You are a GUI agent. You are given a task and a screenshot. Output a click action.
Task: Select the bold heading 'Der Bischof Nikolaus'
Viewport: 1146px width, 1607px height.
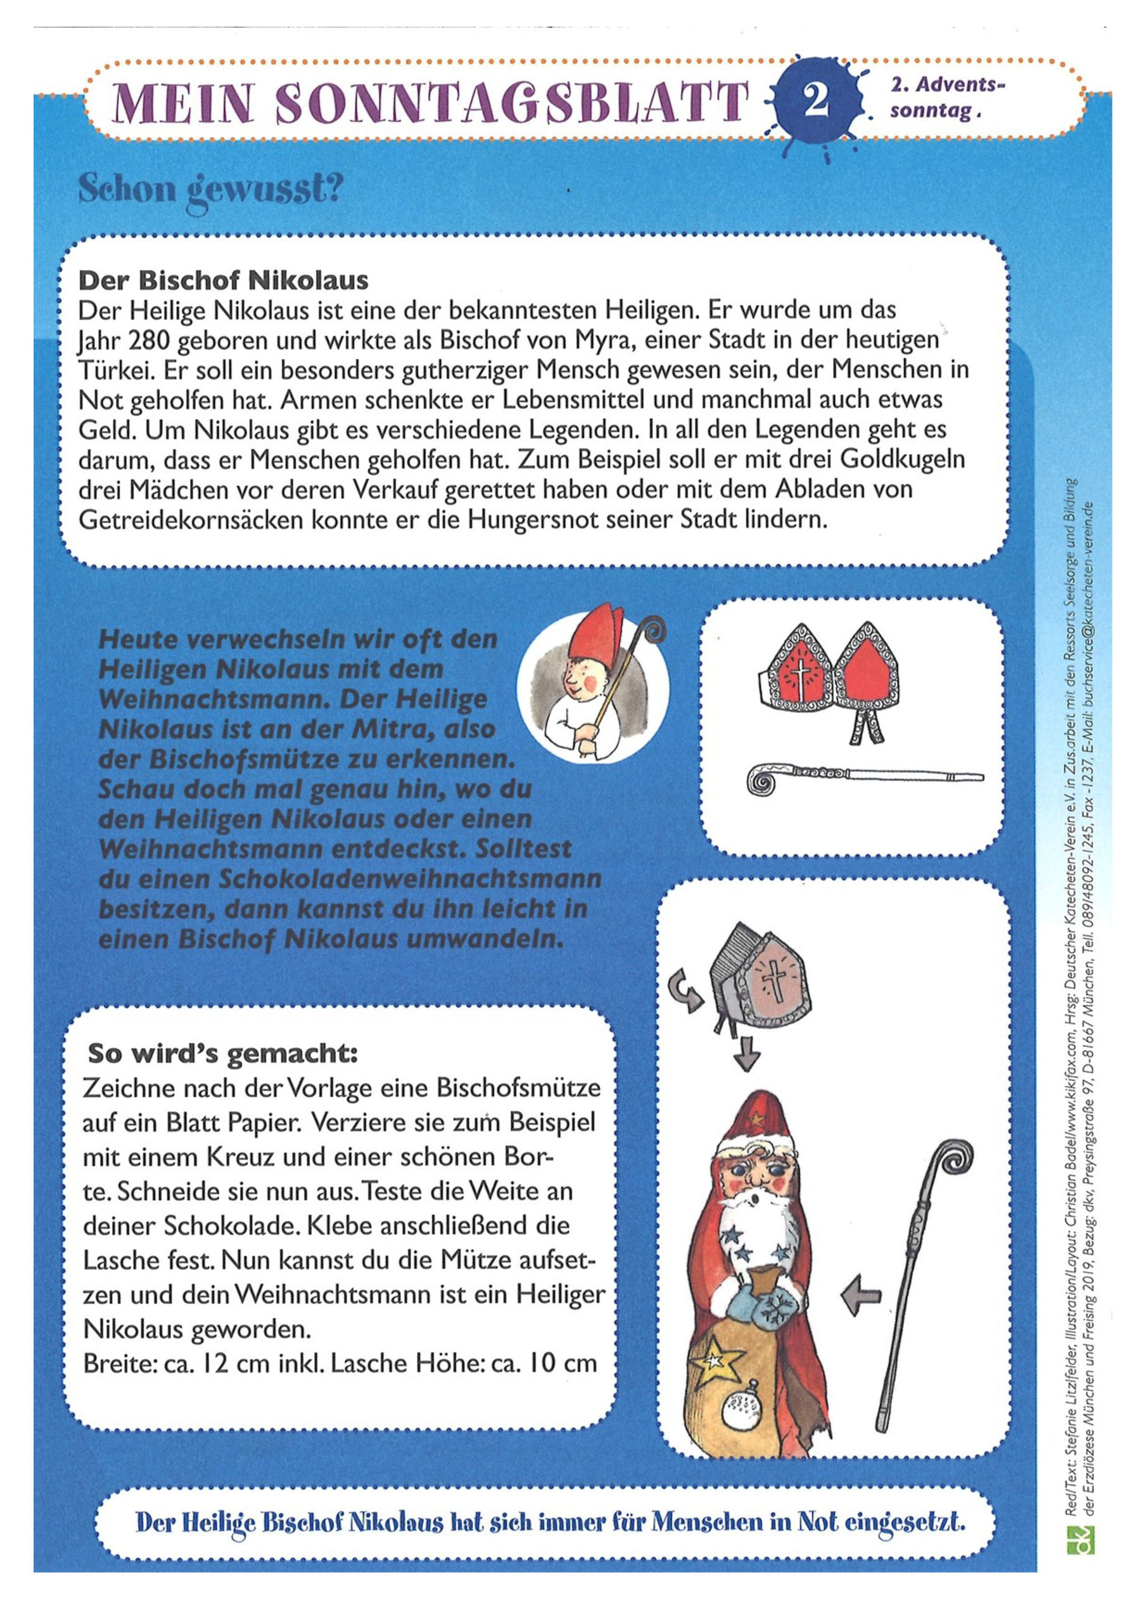(x=223, y=281)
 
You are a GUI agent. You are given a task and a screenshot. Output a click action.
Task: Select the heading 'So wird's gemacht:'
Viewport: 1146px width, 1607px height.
(x=222, y=1054)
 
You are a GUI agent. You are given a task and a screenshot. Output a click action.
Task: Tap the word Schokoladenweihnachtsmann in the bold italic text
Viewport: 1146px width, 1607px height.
(x=409, y=880)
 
